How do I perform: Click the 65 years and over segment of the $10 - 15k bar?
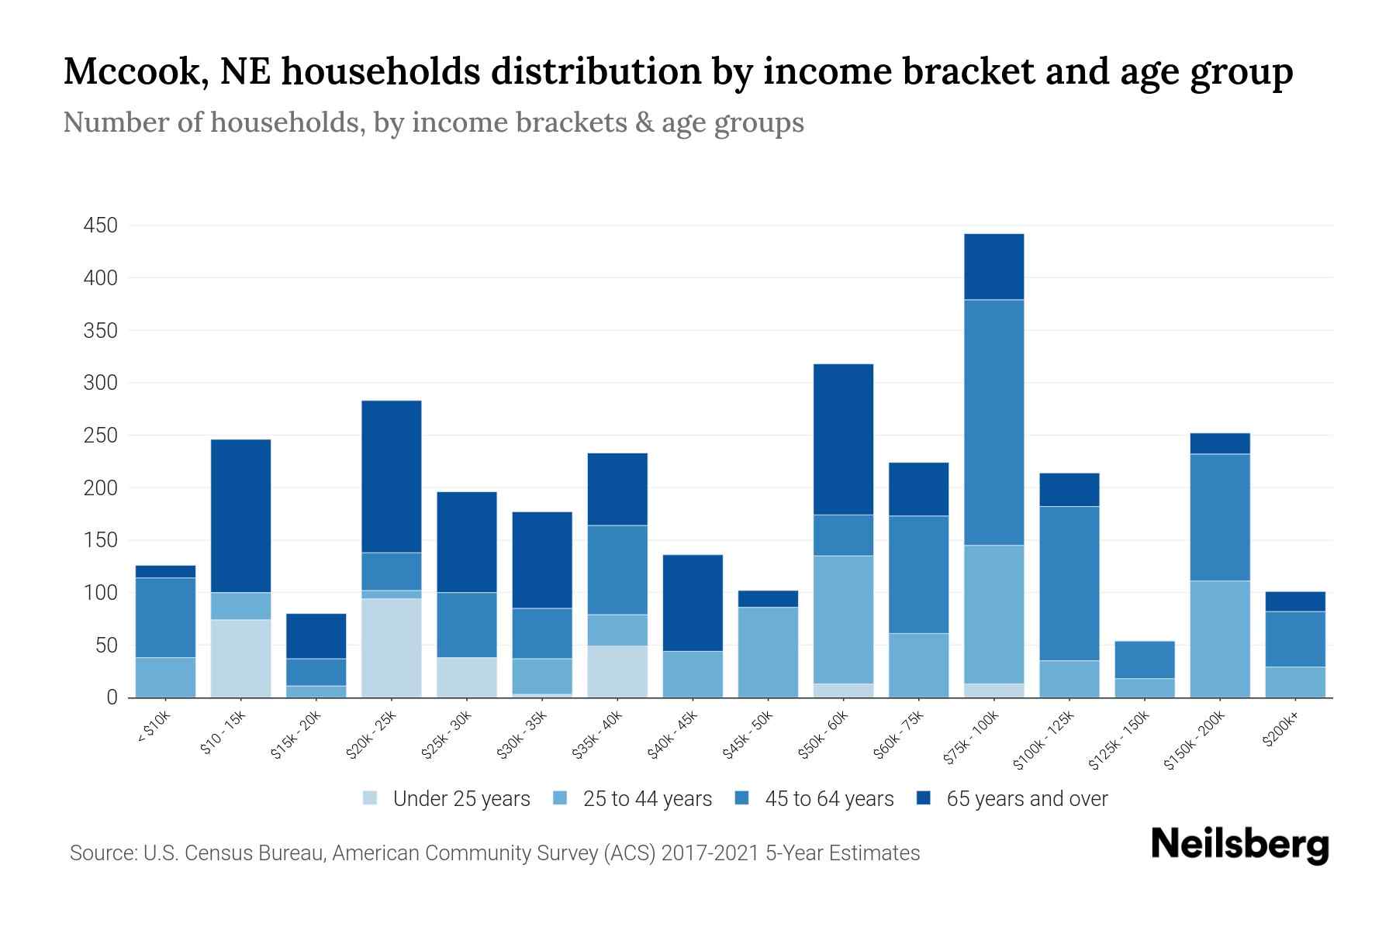(x=240, y=515)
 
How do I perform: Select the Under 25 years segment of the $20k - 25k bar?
(x=392, y=648)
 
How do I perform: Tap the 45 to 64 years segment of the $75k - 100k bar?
(x=993, y=422)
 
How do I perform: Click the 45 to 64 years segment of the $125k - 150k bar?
(x=1144, y=660)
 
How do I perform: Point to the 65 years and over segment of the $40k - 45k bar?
(x=693, y=602)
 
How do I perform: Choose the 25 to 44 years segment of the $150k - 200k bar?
(x=1219, y=639)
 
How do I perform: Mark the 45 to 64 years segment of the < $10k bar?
(x=165, y=617)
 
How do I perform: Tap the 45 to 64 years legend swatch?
(x=742, y=799)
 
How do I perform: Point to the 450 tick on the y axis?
(x=101, y=226)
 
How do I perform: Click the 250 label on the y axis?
(x=101, y=436)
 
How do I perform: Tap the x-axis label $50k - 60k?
(x=824, y=735)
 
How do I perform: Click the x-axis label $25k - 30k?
(x=447, y=735)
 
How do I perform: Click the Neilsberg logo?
(x=1239, y=845)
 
